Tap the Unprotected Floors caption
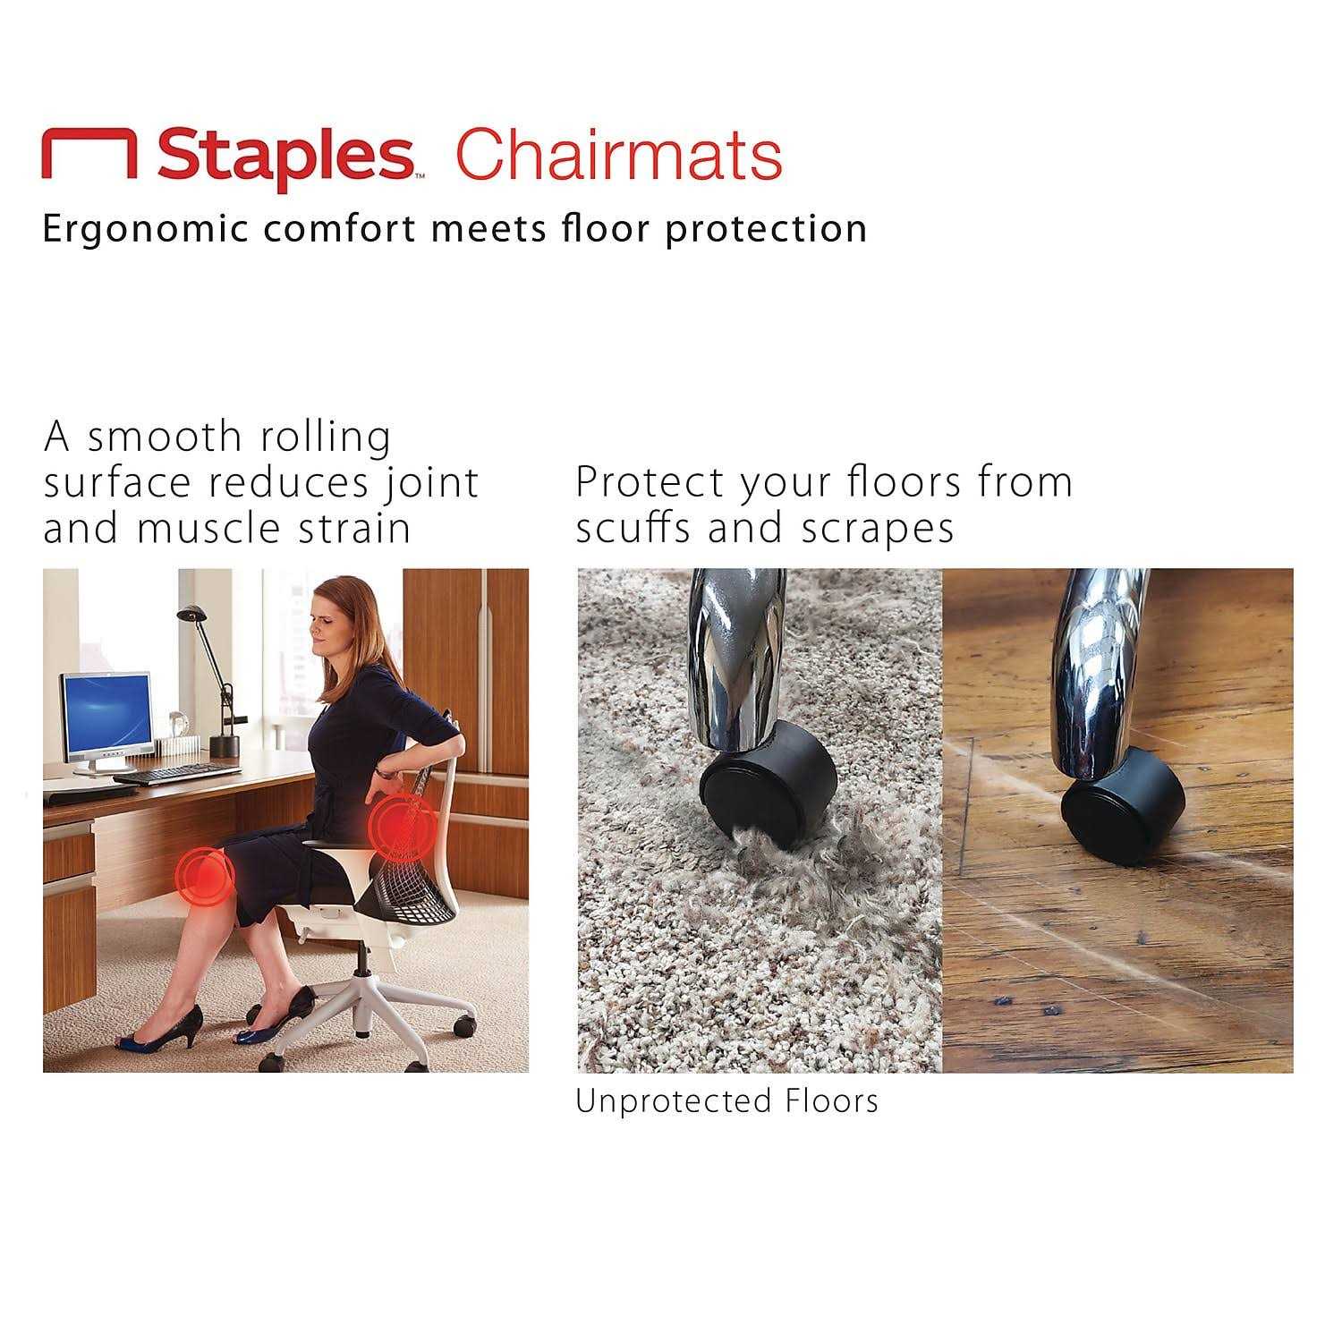click(726, 1100)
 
